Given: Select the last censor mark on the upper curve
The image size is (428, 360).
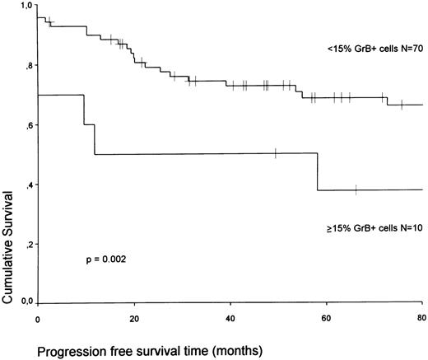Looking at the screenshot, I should pyautogui.click(x=401, y=105).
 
